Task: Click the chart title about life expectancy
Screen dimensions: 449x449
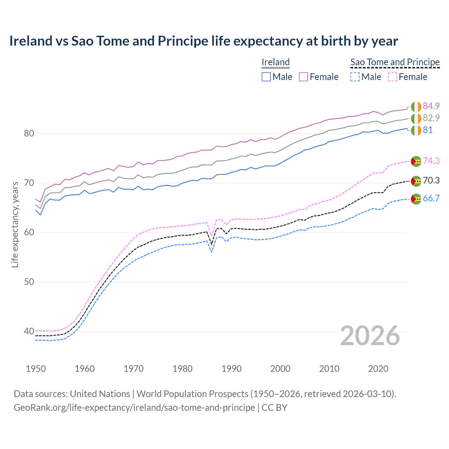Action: tap(203, 41)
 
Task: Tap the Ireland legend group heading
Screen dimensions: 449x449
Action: tap(276, 62)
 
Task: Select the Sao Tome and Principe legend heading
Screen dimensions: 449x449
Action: tap(395, 62)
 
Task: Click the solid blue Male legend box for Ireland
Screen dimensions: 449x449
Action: tap(266, 77)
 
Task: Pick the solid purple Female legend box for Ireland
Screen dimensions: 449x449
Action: tap(303, 77)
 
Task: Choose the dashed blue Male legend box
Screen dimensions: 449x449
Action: tap(355, 77)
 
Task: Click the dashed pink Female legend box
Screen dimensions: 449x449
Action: tap(393, 77)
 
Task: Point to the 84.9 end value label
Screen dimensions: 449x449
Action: tap(431, 106)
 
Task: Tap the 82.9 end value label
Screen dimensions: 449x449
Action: tap(431, 118)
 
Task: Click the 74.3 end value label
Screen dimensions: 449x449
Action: tap(431, 161)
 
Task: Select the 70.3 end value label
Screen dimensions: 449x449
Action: tap(431, 180)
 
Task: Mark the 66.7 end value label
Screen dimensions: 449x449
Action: tap(431, 198)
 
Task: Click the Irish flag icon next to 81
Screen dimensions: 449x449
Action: tap(416, 130)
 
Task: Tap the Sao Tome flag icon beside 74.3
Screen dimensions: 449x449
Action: tap(416, 161)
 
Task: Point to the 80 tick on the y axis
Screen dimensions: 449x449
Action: tap(29, 133)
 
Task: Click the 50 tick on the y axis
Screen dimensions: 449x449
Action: tap(29, 282)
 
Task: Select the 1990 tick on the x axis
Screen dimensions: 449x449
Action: tap(232, 369)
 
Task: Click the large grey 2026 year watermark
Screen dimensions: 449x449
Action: tap(370, 336)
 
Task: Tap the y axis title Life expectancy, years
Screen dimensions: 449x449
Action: tap(15, 224)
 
